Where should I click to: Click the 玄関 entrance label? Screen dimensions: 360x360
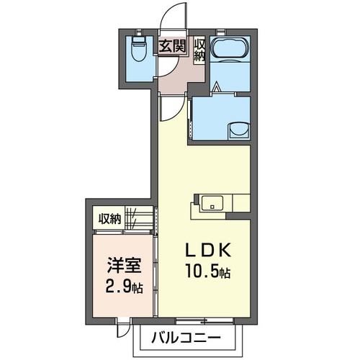[x=173, y=46]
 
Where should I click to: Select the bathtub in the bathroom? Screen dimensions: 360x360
[x=230, y=48]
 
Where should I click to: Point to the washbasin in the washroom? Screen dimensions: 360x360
[x=240, y=130]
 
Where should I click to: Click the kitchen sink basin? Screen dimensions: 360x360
[x=212, y=203]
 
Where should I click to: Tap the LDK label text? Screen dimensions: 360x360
[x=207, y=251]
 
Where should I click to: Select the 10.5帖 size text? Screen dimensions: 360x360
[x=208, y=272]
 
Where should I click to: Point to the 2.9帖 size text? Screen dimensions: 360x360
[x=124, y=287]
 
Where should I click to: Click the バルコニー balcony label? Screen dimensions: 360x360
[x=186, y=338]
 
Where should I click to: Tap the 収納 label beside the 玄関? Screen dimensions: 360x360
[x=199, y=51]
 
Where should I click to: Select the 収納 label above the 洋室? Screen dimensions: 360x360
[x=110, y=218]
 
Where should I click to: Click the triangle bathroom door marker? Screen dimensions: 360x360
[x=217, y=86]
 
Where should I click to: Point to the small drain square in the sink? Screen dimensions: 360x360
[x=212, y=207]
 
